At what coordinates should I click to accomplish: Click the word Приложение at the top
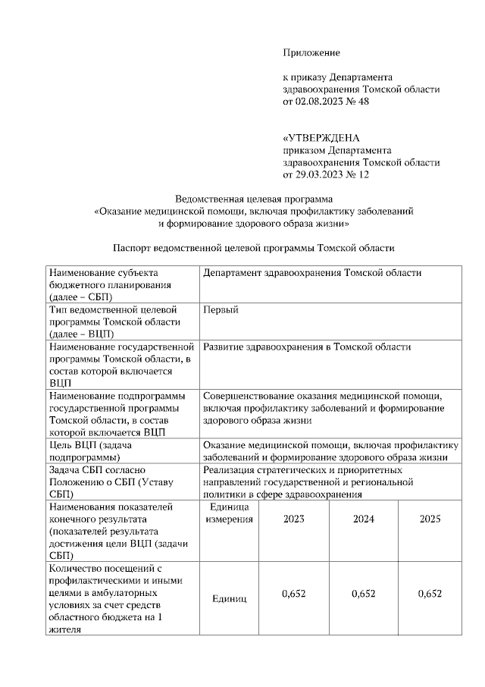(311, 52)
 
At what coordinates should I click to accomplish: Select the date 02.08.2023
(319, 101)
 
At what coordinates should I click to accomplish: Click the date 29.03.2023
(319, 174)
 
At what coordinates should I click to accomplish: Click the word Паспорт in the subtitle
(131, 248)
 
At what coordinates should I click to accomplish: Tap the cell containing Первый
(221, 310)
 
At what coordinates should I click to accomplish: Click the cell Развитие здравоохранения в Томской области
(307, 347)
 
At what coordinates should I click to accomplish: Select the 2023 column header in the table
(295, 519)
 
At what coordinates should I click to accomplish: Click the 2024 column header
(364, 519)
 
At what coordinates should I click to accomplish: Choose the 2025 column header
(430, 519)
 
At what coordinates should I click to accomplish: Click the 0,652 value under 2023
(293, 594)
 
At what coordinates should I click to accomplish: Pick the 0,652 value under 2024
(364, 594)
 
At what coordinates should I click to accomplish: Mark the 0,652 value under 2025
(430, 594)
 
